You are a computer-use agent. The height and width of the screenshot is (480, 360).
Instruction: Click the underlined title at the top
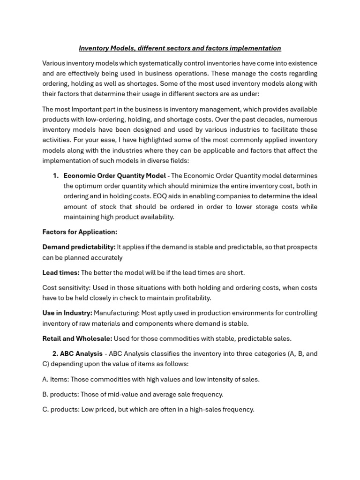click(x=180, y=48)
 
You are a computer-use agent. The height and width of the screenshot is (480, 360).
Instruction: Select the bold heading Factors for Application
click(x=80, y=232)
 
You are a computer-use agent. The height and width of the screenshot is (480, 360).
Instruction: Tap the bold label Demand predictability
click(x=79, y=247)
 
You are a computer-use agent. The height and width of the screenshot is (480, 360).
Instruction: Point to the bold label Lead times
click(x=61, y=272)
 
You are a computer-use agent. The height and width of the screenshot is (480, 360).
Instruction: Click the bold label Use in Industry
click(x=67, y=313)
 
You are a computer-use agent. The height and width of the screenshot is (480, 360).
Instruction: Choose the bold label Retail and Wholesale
click(x=77, y=338)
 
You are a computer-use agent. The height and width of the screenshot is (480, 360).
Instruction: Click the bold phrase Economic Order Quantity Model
click(x=114, y=176)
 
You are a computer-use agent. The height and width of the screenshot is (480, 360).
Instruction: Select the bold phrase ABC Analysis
click(x=81, y=353)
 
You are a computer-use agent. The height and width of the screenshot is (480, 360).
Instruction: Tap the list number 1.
click(x=55, y=176)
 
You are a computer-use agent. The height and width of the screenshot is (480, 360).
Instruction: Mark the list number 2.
click(x=55, y=353)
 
